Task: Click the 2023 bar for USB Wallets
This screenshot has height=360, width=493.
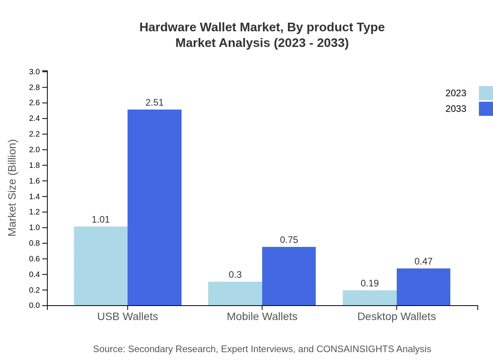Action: pyautogui.click(x=101, y=266)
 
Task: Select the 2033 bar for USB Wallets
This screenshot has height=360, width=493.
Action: pyautogui.click(x=155, y=207)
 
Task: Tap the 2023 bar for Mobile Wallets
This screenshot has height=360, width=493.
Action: pyautogui.click(x=235, y=293)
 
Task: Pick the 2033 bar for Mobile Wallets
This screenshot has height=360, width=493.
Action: pyautogui.click(x=289, y=276)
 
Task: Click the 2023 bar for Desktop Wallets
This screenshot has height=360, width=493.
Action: pyautogui.click(x=369, y=298)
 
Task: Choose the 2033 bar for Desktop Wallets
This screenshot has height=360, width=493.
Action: pyautogui.click(x=423, y=287)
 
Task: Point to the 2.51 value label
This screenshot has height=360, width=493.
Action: pyautogui.click(x=155, y=103)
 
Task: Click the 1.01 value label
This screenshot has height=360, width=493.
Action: pyautogui.click(x=101, y=220)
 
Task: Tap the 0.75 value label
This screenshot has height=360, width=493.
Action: pyautogui.click(x=289, y=240)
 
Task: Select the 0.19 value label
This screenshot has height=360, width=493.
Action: pyautogui.click(x=369, y=283)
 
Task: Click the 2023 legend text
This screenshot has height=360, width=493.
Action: pyautogui.click(x=456, y=93)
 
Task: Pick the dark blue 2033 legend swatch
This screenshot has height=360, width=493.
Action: pyautogui.click(x=486, y=109)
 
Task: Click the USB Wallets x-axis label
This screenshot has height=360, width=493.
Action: pyautogui.click(x=128, y=317)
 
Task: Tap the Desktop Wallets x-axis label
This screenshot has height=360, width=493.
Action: pyautogui.click(x=396, y=317)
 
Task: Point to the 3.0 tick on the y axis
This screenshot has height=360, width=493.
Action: pyautogui.click(x=34, y=72)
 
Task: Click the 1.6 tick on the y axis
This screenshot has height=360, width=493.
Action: pyautogui.click(x=34, y=181)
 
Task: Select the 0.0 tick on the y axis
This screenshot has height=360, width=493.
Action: pyautogui.click(x=34, y=306)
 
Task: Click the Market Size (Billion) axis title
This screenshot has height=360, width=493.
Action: pyautogui.click(x=12, y=188)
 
